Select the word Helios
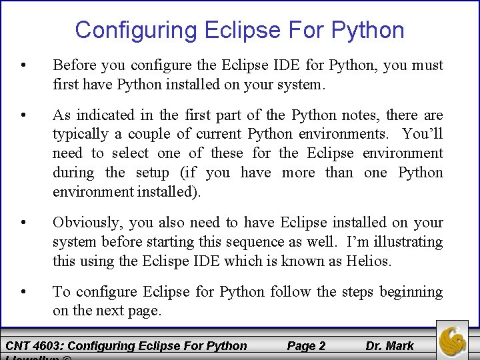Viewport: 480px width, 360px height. point(369,261)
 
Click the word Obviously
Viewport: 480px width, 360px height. point(86,222)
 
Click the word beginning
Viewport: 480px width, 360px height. point(411,291)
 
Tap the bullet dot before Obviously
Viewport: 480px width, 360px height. point(24,222)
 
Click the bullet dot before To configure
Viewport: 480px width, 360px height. point(24,291)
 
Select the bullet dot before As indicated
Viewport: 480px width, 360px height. point(24,115)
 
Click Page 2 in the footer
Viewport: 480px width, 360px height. point(306,345)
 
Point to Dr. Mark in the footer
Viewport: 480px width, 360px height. point(389,345)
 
